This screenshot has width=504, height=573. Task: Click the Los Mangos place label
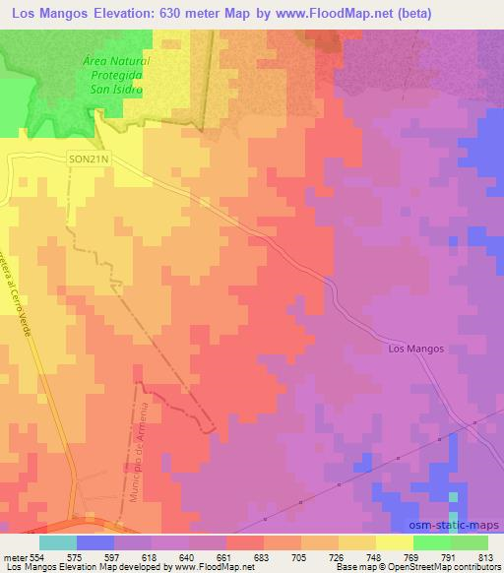[x=417, y=349]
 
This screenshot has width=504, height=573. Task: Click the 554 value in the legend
[x=38, y=556]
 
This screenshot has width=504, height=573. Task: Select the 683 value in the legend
[x=263, y=556]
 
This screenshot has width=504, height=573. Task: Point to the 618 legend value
[x=151, y=556]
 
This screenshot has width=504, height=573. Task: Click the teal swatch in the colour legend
[x=57, y=542]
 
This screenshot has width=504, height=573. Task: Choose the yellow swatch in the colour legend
[x=394, y=542]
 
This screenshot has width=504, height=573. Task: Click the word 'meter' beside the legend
[x=15, y=556]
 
